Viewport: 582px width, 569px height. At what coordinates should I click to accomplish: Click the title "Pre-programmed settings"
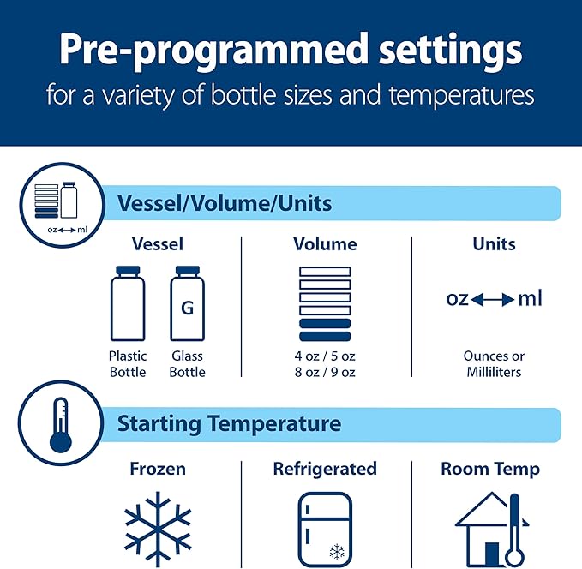(x=291, y=51)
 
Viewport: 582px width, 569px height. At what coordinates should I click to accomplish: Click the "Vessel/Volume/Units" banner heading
(x=224, y=204)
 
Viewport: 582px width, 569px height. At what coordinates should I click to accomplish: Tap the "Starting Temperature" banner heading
(x=229, y=423)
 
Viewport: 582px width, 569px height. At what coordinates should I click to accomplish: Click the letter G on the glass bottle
(x=187, y=307)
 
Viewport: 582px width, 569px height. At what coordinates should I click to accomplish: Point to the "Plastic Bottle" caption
(x=128, y=364)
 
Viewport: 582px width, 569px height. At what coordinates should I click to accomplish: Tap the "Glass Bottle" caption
(x=187, y=364)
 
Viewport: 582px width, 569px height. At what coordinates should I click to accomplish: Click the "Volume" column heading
(x=325, y=244)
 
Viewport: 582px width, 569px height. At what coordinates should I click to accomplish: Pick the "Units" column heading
(x=494, y=244)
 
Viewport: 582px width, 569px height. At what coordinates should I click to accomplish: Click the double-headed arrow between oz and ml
(x=493, y=300)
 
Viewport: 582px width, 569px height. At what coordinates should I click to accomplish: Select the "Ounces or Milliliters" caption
(x=494, y=364)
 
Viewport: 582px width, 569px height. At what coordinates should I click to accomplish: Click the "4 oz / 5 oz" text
(x=325, y=356)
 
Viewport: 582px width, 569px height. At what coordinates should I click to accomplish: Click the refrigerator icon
(x=325, y=528)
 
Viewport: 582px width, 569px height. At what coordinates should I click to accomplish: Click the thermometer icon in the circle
(x=60, y=422)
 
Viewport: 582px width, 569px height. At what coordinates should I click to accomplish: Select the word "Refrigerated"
(x=325, y=469)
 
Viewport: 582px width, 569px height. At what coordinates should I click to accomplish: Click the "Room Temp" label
(x=490, y=469)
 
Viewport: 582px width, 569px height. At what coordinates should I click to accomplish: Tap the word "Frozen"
(x=158, y=469)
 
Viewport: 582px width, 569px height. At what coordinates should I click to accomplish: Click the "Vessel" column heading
(x=158, y=244)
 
